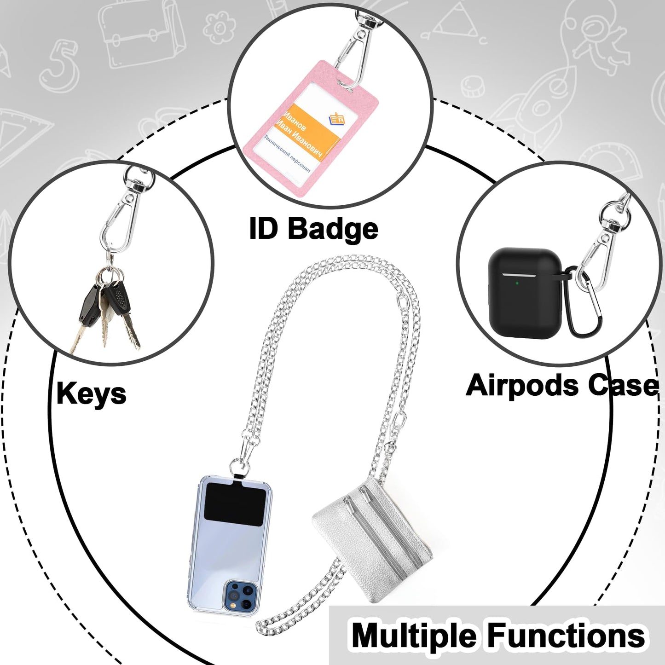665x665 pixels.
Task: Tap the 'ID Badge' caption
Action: (313, 228)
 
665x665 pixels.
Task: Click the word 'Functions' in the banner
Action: (567, 636)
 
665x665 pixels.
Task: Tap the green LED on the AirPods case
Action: (517, 283)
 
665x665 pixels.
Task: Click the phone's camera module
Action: (240, 595)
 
